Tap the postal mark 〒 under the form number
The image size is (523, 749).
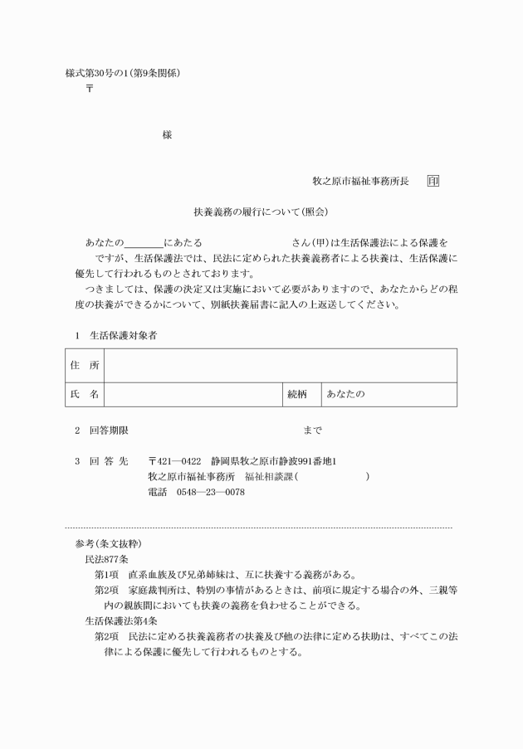(90, 87)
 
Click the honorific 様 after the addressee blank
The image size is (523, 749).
(168, 135)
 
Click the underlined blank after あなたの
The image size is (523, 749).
(144, 242)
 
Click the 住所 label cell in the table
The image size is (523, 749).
(84, 365)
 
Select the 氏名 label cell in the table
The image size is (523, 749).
(84, 395)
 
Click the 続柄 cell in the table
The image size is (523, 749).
(298, 395)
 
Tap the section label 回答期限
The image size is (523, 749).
(108, 430)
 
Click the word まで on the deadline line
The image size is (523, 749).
(313, 430)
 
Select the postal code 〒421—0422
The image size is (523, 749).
(174, 461)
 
